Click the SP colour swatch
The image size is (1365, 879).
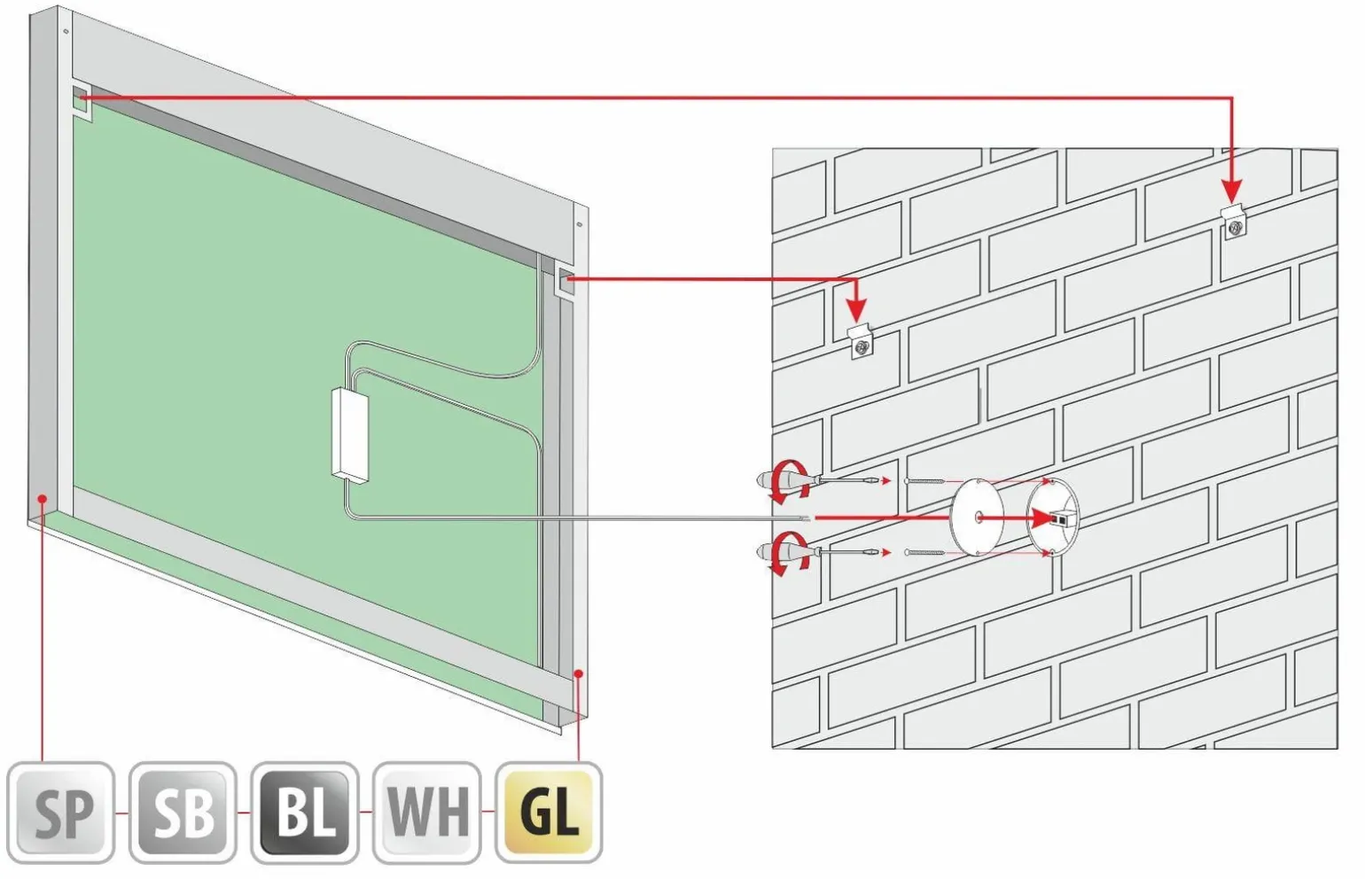tap(61, 813)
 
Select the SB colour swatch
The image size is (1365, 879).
tap(183, 813)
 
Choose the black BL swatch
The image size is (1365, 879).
tap(305, 813)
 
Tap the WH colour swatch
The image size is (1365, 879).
tap(427, 813)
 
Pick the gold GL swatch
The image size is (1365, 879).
tap(549, 813)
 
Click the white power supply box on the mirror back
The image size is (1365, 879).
tap(350, 437)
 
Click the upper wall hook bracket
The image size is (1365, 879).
tap(1234, 222)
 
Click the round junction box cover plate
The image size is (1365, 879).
tap(977, 517)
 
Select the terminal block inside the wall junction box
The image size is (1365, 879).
tap(1061, 518)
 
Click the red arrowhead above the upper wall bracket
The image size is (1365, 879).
tap(1232, 191)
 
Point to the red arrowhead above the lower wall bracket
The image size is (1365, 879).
tap(858, 311)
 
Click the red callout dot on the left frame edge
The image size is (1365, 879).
tap(42, 498)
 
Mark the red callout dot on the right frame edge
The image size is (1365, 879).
tap(578, 673)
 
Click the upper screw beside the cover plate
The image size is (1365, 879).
tap(924, 480)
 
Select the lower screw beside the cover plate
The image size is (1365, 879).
tap(924, 553)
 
